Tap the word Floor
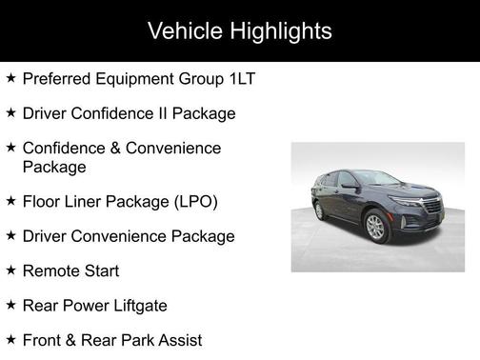click(41, 201)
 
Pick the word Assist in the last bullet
click(178, 339)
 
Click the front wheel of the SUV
click(375, 226)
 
